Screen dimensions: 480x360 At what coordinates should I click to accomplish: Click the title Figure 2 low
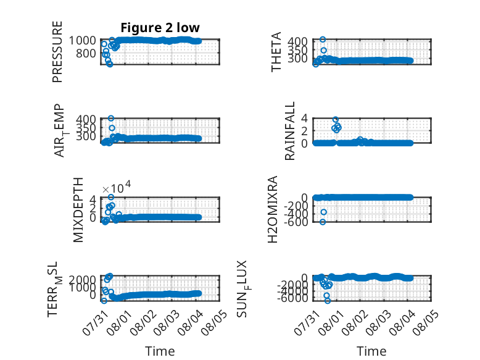pyautogui.click(x=160, y=28)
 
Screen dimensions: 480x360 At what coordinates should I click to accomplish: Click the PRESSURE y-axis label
pyautogui.click(x=57, y=52)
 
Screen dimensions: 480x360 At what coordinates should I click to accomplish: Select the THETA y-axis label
pyautogui.click(x=276, y=52)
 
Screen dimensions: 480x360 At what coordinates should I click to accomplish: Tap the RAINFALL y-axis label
pyautogui.click(x=289, y=131)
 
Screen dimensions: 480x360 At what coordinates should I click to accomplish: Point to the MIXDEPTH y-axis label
pyautogui.click(x=78, y=210)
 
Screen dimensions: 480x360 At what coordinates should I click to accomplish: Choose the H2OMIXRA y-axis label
pyautogui.click(x=273, y=209)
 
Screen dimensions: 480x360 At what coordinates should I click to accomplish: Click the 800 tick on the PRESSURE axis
pyautogui.click(x=86, y=53)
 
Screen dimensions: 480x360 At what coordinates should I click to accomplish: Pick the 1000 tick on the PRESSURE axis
pyautogui.click(x=82, y=40)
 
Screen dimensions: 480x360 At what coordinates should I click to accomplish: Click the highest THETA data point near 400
pyautogui.click(x=323, y=40)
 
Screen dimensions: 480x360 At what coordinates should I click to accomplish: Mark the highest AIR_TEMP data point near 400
pyautogui.click(x=111, y=119)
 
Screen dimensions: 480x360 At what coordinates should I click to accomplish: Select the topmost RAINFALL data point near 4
pyautogui.click(x=336, y=120)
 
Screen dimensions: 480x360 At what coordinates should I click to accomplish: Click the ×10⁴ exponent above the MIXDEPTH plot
pyautogui.click(x=117, y=187)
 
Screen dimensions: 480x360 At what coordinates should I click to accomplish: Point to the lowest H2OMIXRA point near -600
pyautogui.click(x=323, y=222)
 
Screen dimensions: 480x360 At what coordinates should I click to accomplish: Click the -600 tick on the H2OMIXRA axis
pyautogui.click(x=296, y=222)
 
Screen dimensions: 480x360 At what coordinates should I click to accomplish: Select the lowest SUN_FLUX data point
pyautogui.click(x=328, y=301)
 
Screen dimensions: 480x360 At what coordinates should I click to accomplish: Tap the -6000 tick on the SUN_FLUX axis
pyautogui.click(x=294, y=298)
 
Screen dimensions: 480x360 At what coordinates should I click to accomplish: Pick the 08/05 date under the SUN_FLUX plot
pyautogui.click(x=426, y=322)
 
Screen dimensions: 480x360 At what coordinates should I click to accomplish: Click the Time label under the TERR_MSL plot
pyautogui.click(x=160, y=351)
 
